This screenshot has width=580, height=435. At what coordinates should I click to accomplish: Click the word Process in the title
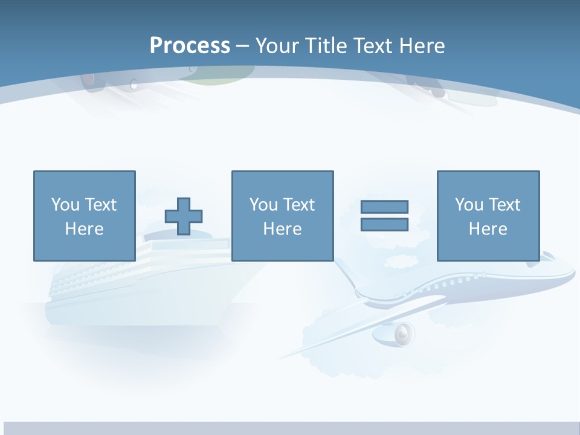click(190, 45)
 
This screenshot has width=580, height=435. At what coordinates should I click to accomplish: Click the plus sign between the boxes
click(184, 216)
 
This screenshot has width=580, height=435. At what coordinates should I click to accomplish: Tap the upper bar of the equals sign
click(384, 207)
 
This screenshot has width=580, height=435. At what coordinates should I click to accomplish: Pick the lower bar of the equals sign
click(384, 224)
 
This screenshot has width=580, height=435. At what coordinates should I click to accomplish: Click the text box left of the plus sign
click(84, 216)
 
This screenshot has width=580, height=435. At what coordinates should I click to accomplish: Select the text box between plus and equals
click(282, 216)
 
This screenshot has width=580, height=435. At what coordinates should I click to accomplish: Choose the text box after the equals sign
click(488, 216)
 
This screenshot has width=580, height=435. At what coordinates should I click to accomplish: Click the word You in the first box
click(65, 205)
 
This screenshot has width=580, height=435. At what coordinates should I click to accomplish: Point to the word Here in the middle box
click(282, 229)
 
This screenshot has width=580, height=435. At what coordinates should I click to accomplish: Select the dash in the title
click(243, 45)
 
